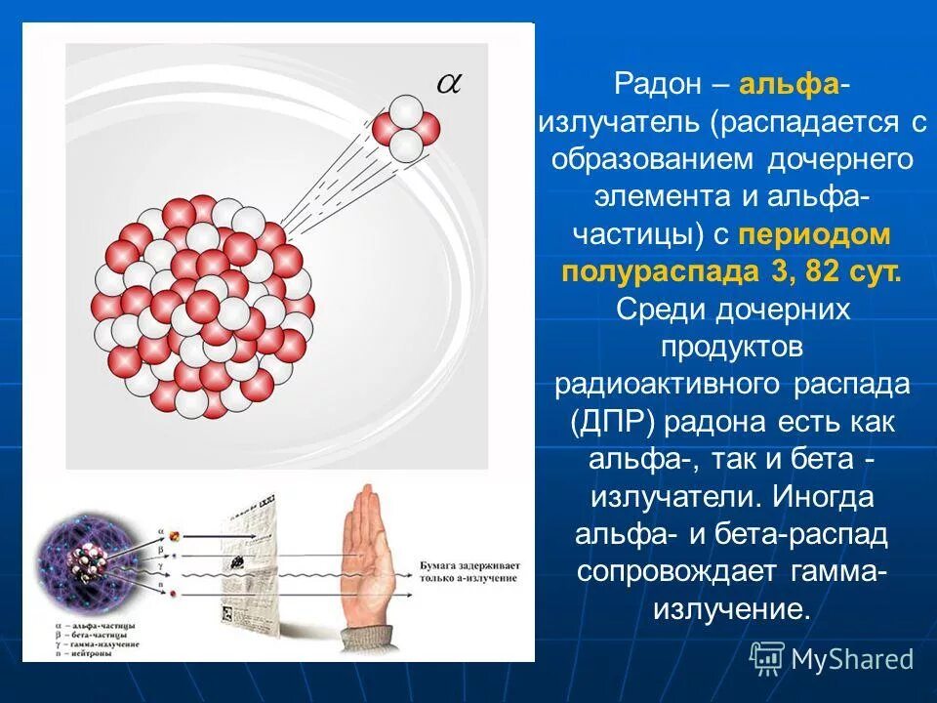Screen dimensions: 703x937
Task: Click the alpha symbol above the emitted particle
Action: click(448, 84)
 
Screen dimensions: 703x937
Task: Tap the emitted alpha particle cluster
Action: click(407, 127)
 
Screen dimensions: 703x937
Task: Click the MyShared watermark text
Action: click(852, 659)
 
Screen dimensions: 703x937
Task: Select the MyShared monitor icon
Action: click(767, 658)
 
